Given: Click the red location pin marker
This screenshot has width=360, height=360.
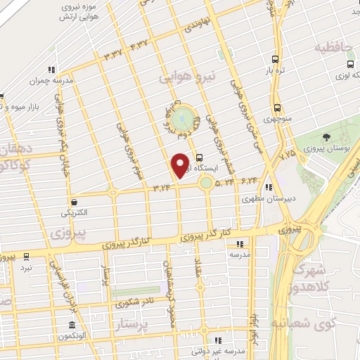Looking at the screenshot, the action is (180, 165).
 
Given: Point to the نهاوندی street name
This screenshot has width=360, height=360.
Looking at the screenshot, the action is (197, 27).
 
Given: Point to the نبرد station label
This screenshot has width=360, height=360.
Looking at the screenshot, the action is (26, 267).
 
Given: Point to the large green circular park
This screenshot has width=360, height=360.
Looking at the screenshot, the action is (183, 115).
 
